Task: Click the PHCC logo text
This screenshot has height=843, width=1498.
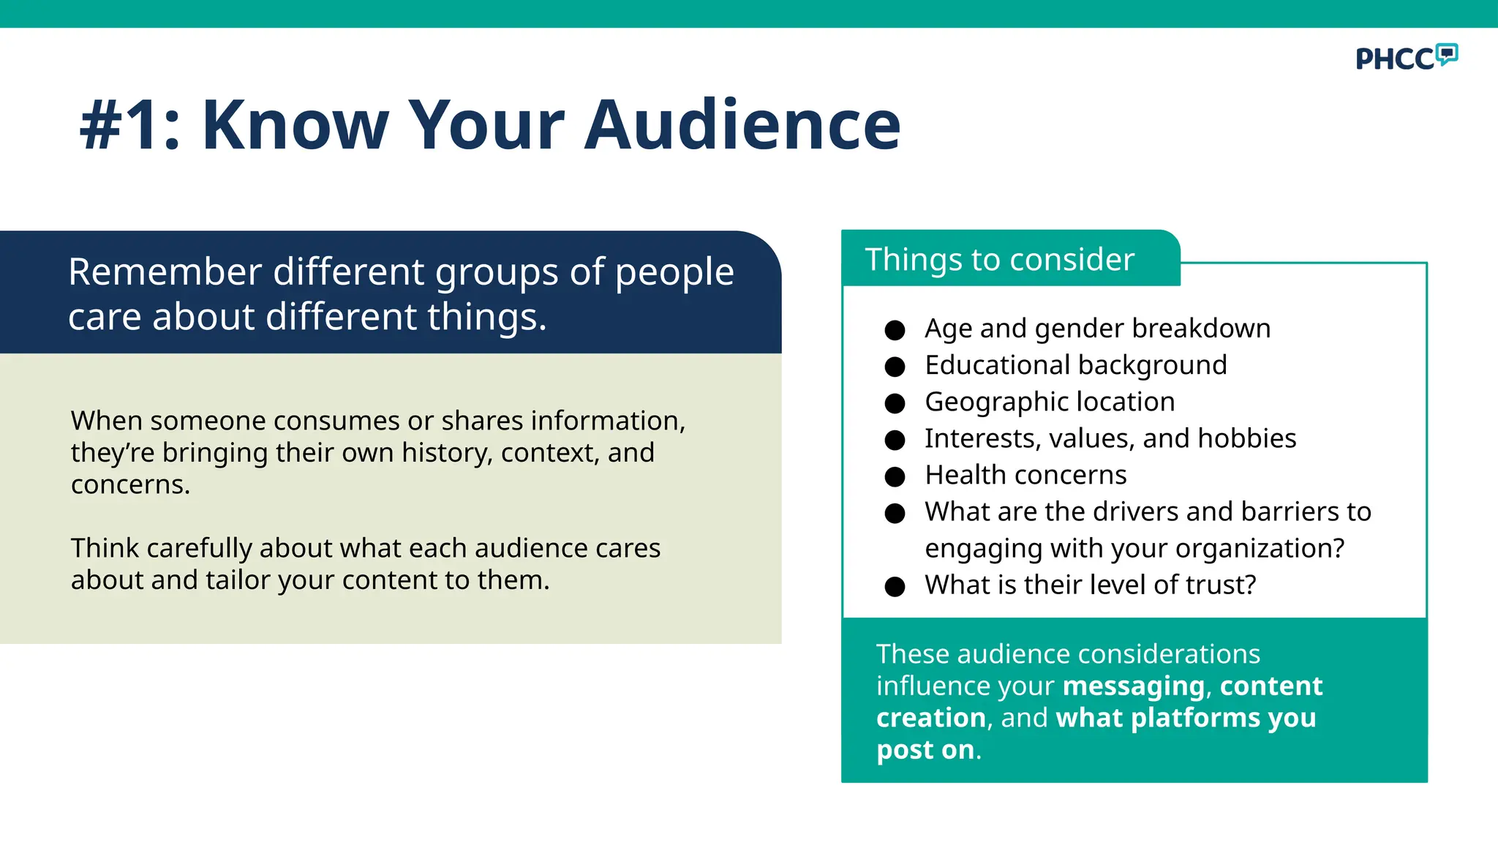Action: [1394, 59]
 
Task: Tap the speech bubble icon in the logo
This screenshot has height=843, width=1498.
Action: [1446, 54]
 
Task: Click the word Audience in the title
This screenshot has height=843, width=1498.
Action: [742, 125]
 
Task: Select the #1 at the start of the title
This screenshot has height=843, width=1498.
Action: [121, 125]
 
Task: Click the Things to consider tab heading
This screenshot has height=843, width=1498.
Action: [999, 260]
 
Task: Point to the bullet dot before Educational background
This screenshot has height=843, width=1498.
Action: [895, 367]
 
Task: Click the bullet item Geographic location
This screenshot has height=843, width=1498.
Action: [1050, 402]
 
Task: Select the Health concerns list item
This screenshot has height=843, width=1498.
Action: [1025, 475]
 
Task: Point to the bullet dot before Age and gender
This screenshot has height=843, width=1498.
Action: [895, 330]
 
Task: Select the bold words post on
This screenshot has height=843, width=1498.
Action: [925, 750]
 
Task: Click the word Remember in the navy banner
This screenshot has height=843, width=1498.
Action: [165, 272]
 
